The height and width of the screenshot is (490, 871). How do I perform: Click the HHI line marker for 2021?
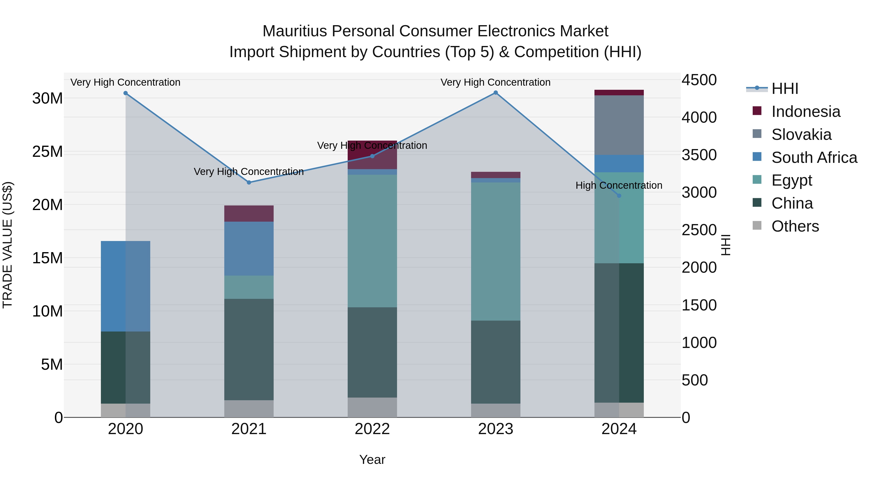pos(249,182)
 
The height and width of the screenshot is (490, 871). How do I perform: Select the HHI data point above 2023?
pos(496,93)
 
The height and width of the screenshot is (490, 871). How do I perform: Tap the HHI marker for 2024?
pos(619,196)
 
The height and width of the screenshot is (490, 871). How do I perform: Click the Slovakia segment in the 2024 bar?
pos(619,125)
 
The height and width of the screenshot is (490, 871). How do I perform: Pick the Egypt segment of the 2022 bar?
pos(372,241)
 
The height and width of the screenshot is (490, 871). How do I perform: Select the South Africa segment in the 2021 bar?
pos(249,249)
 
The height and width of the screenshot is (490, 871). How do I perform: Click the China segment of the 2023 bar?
pos(496,362)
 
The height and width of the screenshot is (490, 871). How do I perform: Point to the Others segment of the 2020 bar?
pos(125,410)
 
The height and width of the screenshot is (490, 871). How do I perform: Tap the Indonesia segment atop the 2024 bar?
pos(619,93)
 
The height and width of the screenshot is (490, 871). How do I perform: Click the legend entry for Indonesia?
pos(806,112)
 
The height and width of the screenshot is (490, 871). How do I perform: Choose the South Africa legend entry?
pos(814,158)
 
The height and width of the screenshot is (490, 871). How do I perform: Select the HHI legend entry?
pos(785,89)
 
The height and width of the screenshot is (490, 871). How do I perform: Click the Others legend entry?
pos(795,226)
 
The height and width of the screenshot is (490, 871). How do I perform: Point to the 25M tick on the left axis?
pos(48,151)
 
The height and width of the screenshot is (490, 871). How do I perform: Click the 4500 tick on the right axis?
pos(699,80)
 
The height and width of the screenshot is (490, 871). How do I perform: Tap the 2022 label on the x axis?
pos(372,429)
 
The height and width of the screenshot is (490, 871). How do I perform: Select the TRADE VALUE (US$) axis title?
pos(8,245)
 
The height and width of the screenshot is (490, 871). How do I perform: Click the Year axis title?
pos(372,460)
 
